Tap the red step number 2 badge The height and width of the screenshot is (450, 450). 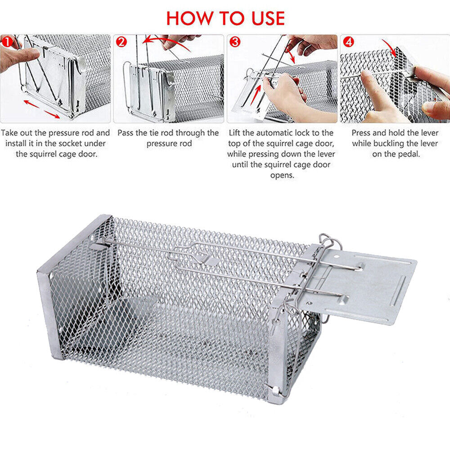point(121,42)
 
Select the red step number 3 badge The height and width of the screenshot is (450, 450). point(235,42)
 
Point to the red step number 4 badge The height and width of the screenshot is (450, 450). point(349,42)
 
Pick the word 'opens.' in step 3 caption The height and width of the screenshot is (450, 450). point(282,175)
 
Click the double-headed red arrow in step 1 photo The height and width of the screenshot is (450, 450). point(41,108)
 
